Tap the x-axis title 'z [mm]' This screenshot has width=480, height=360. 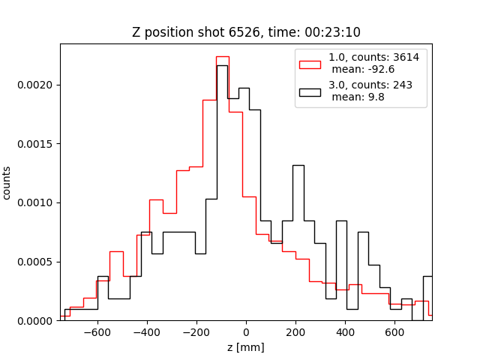click(246, 347)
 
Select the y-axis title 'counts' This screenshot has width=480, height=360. click(7, 182)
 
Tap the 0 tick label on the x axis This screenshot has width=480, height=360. click(246, 331)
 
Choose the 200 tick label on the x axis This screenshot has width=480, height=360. click(295, 331)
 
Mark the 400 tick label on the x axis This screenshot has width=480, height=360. click(345, 331)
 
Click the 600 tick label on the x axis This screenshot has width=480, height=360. click(394, 331)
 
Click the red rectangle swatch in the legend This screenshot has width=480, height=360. click(310, 63)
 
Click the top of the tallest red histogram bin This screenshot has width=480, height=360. click(223, 56)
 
